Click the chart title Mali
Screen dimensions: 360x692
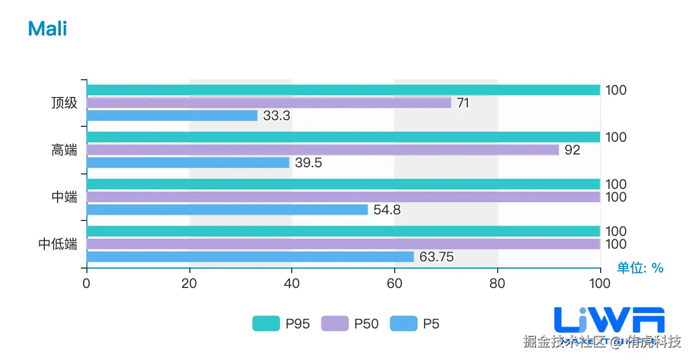[48, 29]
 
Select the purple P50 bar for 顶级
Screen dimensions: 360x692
[268, 103]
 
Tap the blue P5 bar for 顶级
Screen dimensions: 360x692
[172, 116]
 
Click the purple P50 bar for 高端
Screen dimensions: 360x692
[323, 150]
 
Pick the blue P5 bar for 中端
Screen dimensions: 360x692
[227, 210]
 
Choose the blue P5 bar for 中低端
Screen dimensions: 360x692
[250, 257]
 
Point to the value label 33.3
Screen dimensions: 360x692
[277, 116]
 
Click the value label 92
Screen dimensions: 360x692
[572, 150]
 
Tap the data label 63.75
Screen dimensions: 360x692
[437, 258]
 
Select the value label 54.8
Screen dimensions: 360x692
[387, 210]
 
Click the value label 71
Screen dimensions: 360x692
[463, 103]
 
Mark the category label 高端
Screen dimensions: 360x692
[64, 150]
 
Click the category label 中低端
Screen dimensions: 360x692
[58, 244]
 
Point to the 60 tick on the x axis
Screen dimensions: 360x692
[394, 284]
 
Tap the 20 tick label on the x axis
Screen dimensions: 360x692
[189, 284]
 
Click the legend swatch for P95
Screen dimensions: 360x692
[266, 323]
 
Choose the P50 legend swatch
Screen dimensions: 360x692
[335, 323]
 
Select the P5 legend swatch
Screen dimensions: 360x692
[404, 323]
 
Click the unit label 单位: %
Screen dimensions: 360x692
[640, 268]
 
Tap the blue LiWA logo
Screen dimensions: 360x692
[609, 320]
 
